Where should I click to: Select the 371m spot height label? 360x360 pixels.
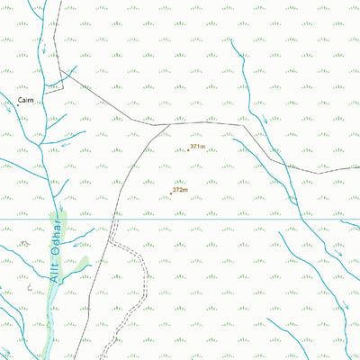click(198, 147)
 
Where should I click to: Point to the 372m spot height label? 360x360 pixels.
click(180, 190)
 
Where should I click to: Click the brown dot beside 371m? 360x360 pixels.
click(188, 149)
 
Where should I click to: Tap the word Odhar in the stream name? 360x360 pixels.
click(59, 236)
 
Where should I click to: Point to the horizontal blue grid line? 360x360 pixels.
click(225, 218)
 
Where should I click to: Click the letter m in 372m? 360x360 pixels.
click(185, 190)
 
